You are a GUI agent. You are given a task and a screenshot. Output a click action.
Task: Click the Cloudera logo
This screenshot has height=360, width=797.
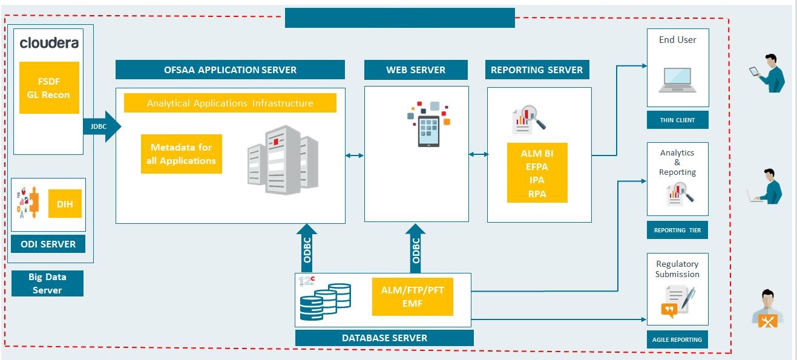(x=49, y=43)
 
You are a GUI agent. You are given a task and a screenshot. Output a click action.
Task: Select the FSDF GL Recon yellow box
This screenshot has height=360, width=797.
(x=49, y=88)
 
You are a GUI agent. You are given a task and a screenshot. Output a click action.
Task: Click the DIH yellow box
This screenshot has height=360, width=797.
(x=65, y=205)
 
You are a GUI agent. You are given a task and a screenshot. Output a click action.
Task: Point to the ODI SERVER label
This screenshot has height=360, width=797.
(x=48, y=244)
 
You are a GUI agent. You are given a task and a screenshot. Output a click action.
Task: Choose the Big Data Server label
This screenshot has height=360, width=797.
(x=47, y=283)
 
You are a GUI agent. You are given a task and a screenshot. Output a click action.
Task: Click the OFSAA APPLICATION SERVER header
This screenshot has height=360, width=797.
(x=230, y=70)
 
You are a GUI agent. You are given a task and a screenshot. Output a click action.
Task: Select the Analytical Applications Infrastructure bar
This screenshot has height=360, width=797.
(x=230, y=103)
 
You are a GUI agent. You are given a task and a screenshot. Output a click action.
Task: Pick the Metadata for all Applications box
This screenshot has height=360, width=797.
(x=182, y=154)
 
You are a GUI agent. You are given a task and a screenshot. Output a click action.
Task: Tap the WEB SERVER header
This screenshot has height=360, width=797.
(x=416, y=70)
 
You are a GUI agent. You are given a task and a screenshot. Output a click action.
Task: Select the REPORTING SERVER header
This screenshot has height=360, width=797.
(x=537, y=70)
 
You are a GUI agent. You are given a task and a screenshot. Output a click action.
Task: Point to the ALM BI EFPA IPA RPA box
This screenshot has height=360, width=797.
(x=537, y=174)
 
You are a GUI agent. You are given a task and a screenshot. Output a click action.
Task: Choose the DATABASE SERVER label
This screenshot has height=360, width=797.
(x=384, y=338)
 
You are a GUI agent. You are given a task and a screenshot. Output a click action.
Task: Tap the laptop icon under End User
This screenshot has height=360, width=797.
(x=677, y=79)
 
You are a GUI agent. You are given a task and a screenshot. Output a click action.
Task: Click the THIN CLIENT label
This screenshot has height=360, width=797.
(x=677, y=120)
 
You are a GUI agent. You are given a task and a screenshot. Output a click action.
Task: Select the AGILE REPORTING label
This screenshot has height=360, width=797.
(x=677, y=339)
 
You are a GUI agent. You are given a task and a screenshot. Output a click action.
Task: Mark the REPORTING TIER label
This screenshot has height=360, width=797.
(x=677, y=230)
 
